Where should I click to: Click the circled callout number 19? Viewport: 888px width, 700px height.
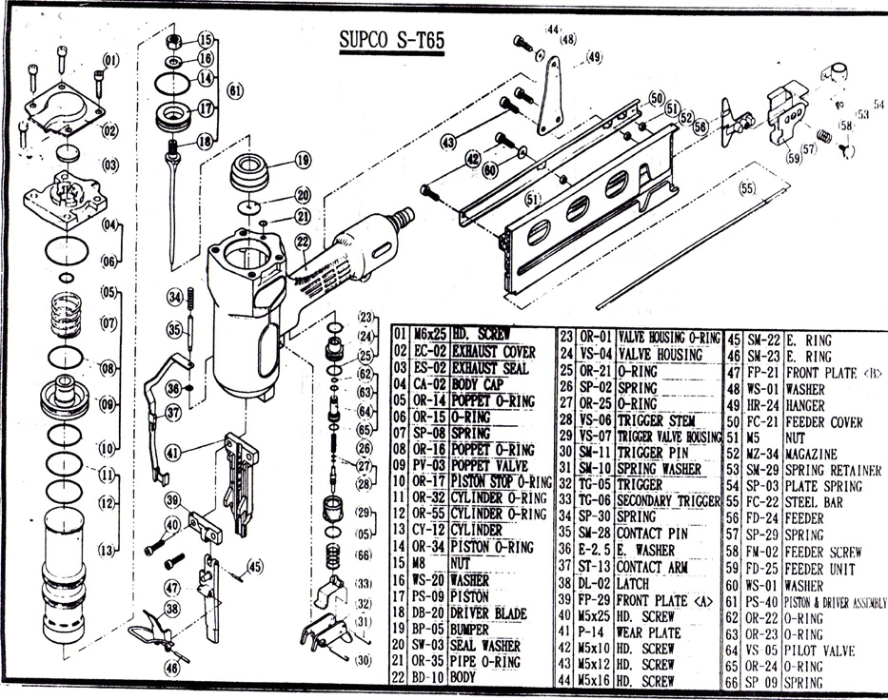click(x=303, y=160)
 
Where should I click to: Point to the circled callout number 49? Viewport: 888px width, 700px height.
click(x=594, y=57)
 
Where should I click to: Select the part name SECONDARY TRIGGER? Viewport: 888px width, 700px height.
click(x=664, y=501)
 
